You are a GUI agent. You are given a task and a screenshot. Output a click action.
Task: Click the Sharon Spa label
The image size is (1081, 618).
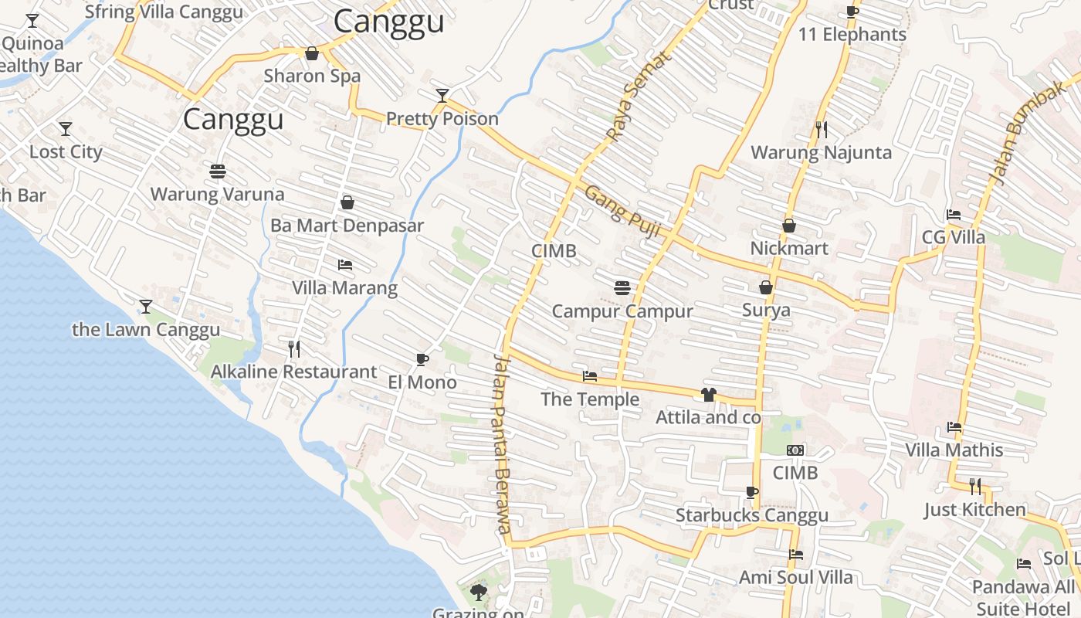(312, 76)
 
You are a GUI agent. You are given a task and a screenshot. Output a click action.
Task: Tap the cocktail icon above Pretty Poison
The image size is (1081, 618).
(442, 96)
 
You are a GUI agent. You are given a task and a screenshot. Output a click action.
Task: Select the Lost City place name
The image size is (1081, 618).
(66, 151)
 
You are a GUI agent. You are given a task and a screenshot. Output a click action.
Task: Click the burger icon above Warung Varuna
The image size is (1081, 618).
(217, 171)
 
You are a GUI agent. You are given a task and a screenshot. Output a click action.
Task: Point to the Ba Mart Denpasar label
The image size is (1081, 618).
(347, 226)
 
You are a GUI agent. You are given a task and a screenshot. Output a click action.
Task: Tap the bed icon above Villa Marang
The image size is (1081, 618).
(344, 265)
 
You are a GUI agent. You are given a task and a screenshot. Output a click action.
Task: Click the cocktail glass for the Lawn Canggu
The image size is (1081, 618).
(145, 307)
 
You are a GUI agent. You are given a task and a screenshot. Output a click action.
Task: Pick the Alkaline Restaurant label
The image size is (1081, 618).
(293, 372)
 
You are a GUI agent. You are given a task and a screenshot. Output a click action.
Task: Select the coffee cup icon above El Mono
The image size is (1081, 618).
(422, 359)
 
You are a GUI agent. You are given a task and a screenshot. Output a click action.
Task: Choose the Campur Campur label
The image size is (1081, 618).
(622, 311)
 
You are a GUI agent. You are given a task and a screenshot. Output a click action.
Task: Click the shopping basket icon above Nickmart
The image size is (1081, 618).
(789, 226)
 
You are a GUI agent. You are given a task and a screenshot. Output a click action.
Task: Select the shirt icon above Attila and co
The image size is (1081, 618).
(708, 395)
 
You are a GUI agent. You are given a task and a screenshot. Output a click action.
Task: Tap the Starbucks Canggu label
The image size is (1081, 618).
(751, 515)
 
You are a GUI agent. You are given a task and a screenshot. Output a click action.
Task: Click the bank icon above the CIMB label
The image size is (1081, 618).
(795, 450)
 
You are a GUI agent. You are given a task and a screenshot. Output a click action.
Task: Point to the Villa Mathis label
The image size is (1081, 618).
(954, 450)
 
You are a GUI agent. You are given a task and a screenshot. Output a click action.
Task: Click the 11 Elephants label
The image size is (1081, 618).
(852, 35)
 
